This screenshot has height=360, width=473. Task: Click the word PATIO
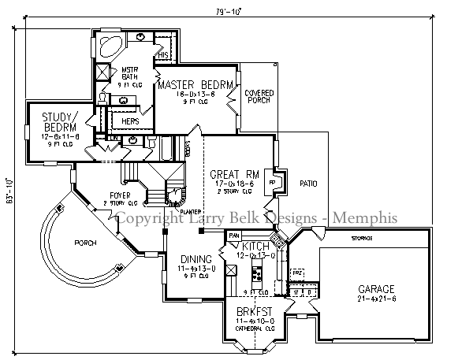(x=309, y=184)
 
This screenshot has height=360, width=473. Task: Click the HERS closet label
(x=130, y=121)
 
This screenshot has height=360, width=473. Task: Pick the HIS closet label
(x=163, y=55)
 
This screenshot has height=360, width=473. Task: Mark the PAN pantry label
(x=233, y=235)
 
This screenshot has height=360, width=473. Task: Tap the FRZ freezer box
(x=297, y=272)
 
